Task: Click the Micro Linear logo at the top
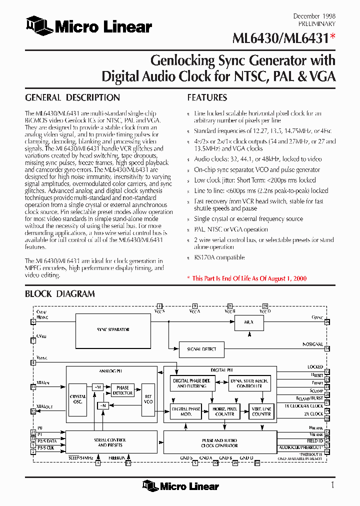[89, 26]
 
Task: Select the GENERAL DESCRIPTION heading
[72, 98]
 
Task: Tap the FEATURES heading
[207, 98]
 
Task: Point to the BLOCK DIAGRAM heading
[60, 294]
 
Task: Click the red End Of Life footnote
[246, 278]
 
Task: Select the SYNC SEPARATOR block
[113, 329]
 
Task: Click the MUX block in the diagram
[248, 322]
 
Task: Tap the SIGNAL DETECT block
[201, 349]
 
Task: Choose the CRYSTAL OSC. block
[78, 399]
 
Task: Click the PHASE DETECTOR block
[122, 390]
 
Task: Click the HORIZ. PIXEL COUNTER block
[224, 411]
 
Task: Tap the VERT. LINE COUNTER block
[261, 411]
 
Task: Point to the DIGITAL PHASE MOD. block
[186, 411]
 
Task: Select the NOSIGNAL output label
[312, 344]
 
